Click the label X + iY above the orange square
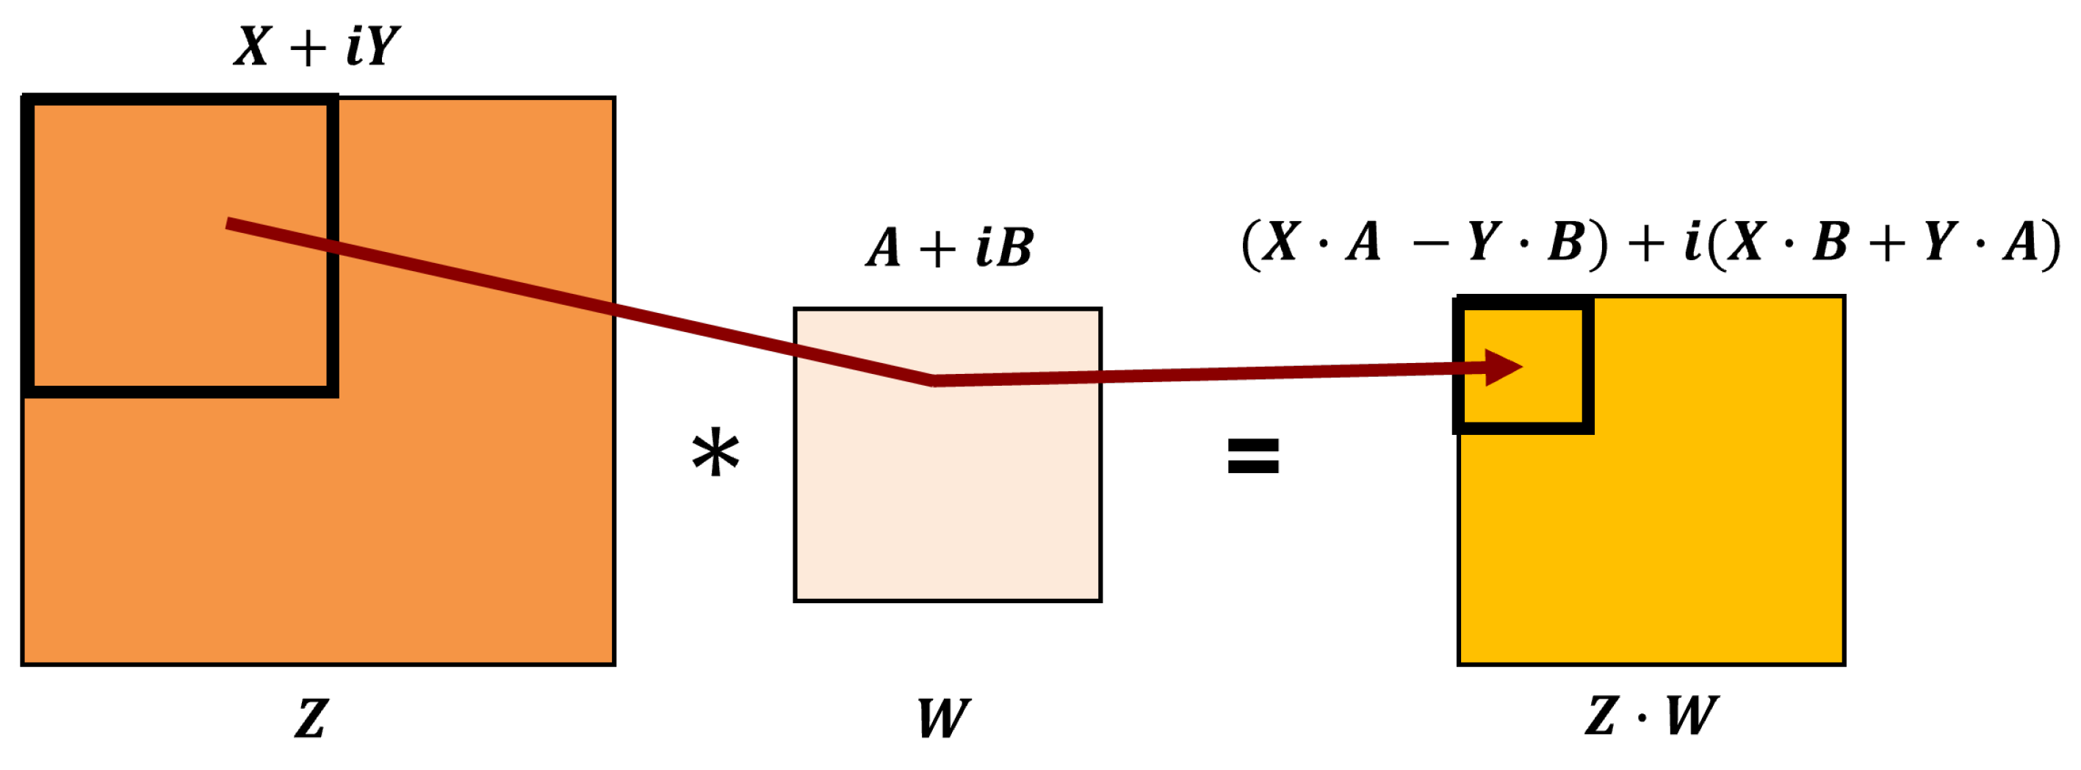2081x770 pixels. tap(317, 46)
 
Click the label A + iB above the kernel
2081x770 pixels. tap(949, 246)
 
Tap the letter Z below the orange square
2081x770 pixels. tap(311, 718)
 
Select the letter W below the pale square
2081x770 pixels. tap(942, 718)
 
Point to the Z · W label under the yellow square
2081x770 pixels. tap(1651, 716)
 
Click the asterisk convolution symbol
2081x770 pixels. tap(715, 454)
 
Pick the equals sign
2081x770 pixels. tap(1253, 456)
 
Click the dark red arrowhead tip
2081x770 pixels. tap(1521, 367)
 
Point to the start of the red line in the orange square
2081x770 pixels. tap(228, 223)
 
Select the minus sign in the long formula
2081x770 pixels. tap(1431, 242)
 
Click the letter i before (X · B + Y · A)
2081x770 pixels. tap(1692, 242)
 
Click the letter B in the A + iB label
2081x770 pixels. tap(1014, 246)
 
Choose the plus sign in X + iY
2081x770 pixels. tap(308, 48)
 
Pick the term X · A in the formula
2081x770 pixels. tap(1321, 242)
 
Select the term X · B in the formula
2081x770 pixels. tap(1787, 242)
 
